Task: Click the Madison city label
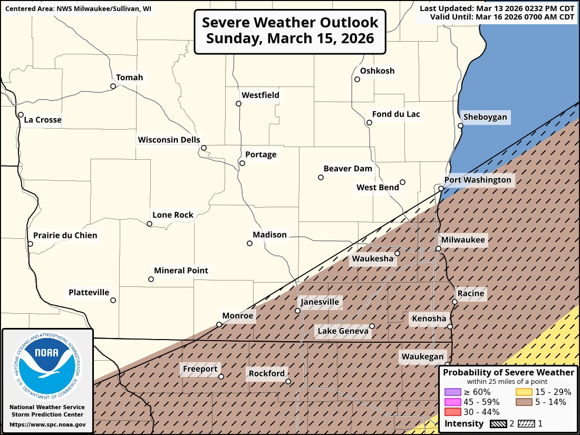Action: click(x=269, y=235)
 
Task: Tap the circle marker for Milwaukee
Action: click(x=438, y=248)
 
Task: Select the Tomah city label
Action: click(x=129, y=78)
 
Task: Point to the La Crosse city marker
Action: click(x=21, y=114)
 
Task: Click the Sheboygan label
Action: click(x=485, y=117)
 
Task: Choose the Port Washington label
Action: click(x=478, y=180)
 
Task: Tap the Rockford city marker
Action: click(x=288, y=381)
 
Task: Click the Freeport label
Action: click(x=200, y=369)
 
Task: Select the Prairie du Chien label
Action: click(x=65, y=235)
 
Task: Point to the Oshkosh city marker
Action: click(x=357, y=80)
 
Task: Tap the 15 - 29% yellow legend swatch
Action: click(x=523, y=392)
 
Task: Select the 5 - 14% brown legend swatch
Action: click(x=523, y=402)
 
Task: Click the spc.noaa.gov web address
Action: click(x=47, y=424)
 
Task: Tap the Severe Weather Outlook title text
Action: click(x=290, y=31)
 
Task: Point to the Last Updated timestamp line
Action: click(x=497, y=8)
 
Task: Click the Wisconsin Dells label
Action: click(x=169, y=140)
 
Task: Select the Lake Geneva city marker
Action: click(x=372, y=326)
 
